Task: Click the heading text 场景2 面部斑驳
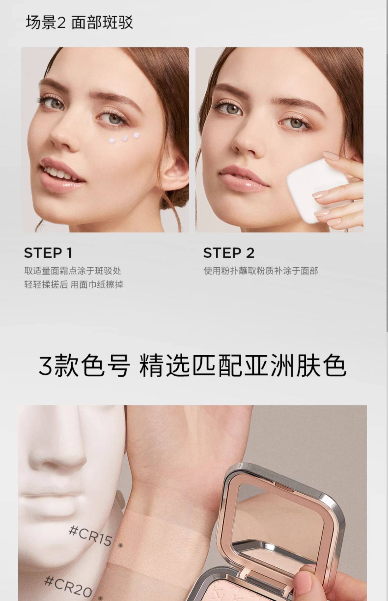(79, 23)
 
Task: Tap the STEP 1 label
(48, 253)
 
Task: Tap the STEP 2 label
(229, 253)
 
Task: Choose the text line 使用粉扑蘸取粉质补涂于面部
(260, 271)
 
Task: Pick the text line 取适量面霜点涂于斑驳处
(73, 271)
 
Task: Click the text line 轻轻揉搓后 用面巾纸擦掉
(73, 285)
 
